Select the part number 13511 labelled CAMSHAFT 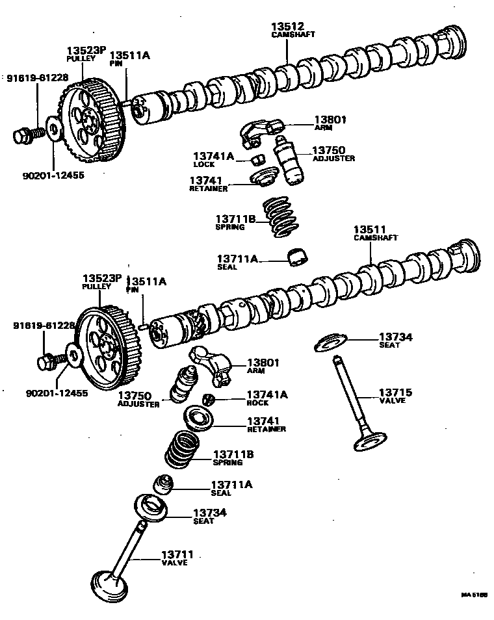coord(370,229)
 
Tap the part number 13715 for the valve coord(395,393)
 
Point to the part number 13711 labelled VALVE coord(177,554)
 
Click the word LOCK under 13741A coord(203,164)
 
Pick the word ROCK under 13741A coord(257,403)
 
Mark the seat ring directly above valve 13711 coord(153,507)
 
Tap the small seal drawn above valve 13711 coord(163,484)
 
